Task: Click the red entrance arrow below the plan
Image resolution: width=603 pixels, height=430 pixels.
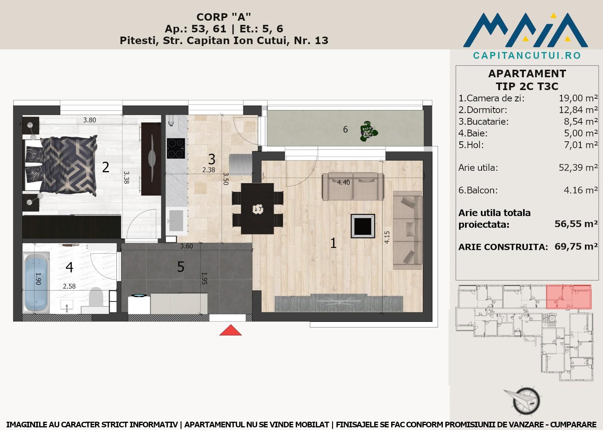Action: [x=230, y=331]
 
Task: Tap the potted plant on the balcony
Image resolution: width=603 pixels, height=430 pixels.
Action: [x=369, y=131]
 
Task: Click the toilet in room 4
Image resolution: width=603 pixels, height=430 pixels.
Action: [x=96, y=299]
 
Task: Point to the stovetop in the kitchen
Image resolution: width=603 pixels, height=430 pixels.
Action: [x=176, y=148]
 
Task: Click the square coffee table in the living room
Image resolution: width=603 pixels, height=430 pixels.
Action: [x=363, y=226]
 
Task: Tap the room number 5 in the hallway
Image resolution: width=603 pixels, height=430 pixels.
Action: [x=181, y=267]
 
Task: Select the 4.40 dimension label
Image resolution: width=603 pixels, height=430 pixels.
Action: [x=343, y=182]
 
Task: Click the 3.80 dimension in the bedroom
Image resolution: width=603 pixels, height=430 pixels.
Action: [x=89, y=120]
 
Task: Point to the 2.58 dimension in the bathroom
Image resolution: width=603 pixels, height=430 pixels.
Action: [x=69, y=286]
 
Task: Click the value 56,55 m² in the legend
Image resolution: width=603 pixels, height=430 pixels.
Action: [x=576, y=224]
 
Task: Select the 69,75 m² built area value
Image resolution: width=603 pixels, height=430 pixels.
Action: [x=576, y=246]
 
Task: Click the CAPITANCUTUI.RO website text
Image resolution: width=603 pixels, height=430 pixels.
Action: [x=527, y=55]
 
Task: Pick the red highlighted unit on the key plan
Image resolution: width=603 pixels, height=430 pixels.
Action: [x=569, y=297]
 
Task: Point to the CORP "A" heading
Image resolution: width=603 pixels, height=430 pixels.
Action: [x=224, y=17]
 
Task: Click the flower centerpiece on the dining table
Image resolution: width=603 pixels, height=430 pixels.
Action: [x=258, y=209]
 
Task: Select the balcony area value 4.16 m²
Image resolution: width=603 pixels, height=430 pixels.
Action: [x=581, y=190]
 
